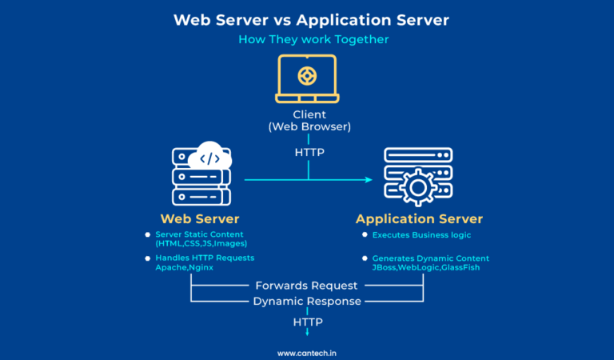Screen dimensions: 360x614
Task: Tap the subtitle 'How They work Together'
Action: [x=307, y=40]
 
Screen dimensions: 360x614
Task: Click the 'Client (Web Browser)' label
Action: [x=308, y=120]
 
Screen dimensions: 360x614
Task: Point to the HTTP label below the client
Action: [x=308, y=151]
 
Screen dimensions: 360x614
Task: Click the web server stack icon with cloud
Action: [x=201, y=176]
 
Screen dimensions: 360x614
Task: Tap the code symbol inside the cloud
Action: [x=210, y=158]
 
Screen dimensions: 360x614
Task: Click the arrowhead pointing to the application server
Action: [x=369, y=180]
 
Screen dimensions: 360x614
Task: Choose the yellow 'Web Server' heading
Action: [x=200, y=218]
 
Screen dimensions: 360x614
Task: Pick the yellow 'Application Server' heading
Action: [x=419, y=218]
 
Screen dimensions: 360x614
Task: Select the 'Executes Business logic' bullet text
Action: [x=421, y=235]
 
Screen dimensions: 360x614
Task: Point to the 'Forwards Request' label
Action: [x=307, y=285]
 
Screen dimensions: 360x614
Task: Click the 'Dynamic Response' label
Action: [x=307, y=302]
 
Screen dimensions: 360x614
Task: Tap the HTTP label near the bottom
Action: [x=307, y=322]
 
